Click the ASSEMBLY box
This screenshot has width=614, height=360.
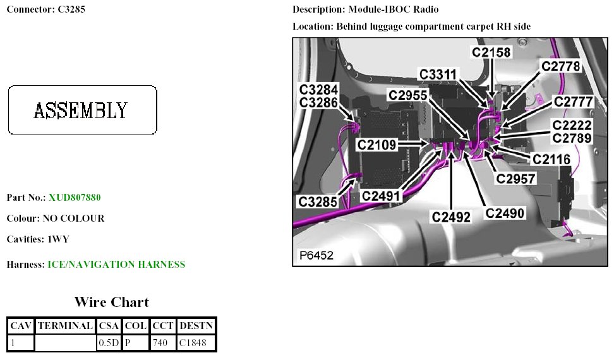[x=82, y=110]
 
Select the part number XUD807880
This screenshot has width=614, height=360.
[x=75, y=198]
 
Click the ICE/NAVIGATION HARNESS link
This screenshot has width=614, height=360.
[x=116, y=265]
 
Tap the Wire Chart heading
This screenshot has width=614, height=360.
[x=112, y=301]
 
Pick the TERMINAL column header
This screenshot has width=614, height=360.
[x=65, y=326]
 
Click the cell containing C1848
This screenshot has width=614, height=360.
[x=196, y=343]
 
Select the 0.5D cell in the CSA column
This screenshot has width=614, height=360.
[x=109, y=343]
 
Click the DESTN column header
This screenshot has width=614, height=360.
[x=196, y=326]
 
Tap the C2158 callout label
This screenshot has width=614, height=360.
[x=491, y=53]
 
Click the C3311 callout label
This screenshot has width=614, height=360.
[x=438, y=75]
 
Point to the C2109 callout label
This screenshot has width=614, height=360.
[x=376, y=145]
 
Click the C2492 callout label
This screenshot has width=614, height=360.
[x=451, y=217]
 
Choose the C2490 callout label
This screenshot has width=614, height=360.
[x=505, y=213]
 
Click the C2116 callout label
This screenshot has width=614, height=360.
[x=551, y=160]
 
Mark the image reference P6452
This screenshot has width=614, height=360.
[x=316, y=255]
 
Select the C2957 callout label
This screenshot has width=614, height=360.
[x=515, y=179]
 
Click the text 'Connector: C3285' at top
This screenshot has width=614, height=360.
[x=45, y=9]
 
